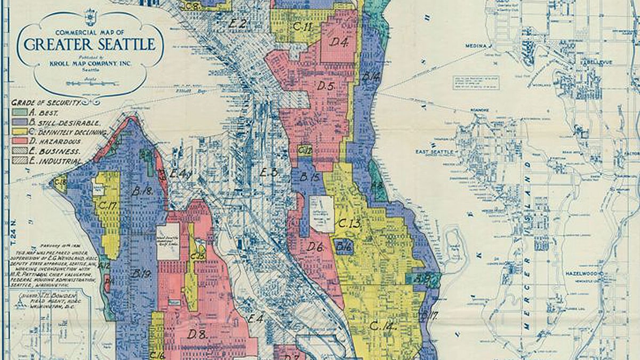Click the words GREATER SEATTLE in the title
(90, 44)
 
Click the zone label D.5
(325, 85)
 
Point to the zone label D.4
(338, 42)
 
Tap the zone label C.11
(302, 26)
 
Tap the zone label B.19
(141, 274)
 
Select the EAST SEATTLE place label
(435, 152)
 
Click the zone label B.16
(343, 246)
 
